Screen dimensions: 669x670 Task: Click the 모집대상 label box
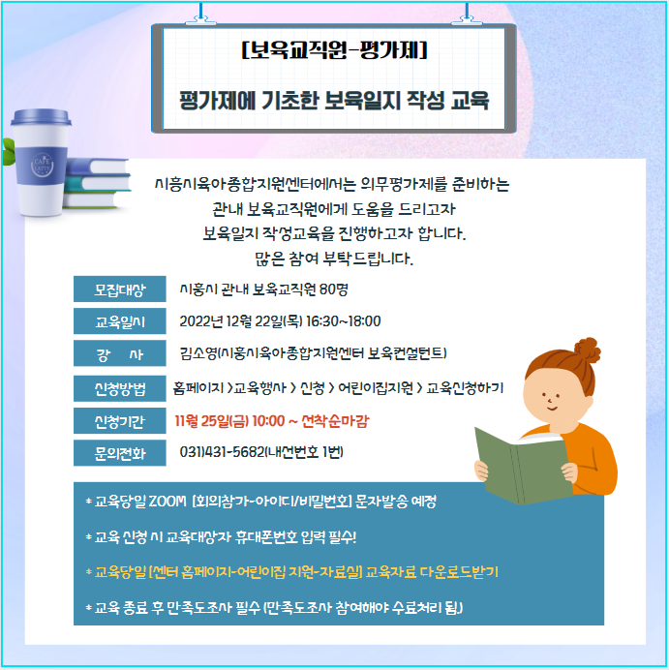tap(120, 289)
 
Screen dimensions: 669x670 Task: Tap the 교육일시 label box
tap(120, 321)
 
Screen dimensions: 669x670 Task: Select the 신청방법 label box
tap(120, 388)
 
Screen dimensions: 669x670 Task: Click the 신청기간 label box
tap(120, 421)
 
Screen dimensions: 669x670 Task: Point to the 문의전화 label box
tap(120, 453)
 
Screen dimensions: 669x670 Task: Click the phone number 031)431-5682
tap(222, 451)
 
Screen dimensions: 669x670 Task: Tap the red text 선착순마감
tap(335, 421)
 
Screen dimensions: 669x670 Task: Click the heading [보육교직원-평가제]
tap(335, 50)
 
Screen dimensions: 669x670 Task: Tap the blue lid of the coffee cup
tap(41, 116)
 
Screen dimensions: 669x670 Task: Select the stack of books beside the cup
tap(97, 183)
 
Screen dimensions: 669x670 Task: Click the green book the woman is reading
tap(523, 467)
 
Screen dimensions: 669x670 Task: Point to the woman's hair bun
tap(588, 350)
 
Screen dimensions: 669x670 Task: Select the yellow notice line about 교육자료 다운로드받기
tap(292, 571)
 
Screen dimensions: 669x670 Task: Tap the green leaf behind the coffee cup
tap(8, 151)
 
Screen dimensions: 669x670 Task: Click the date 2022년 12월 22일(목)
tap(241, 320)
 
